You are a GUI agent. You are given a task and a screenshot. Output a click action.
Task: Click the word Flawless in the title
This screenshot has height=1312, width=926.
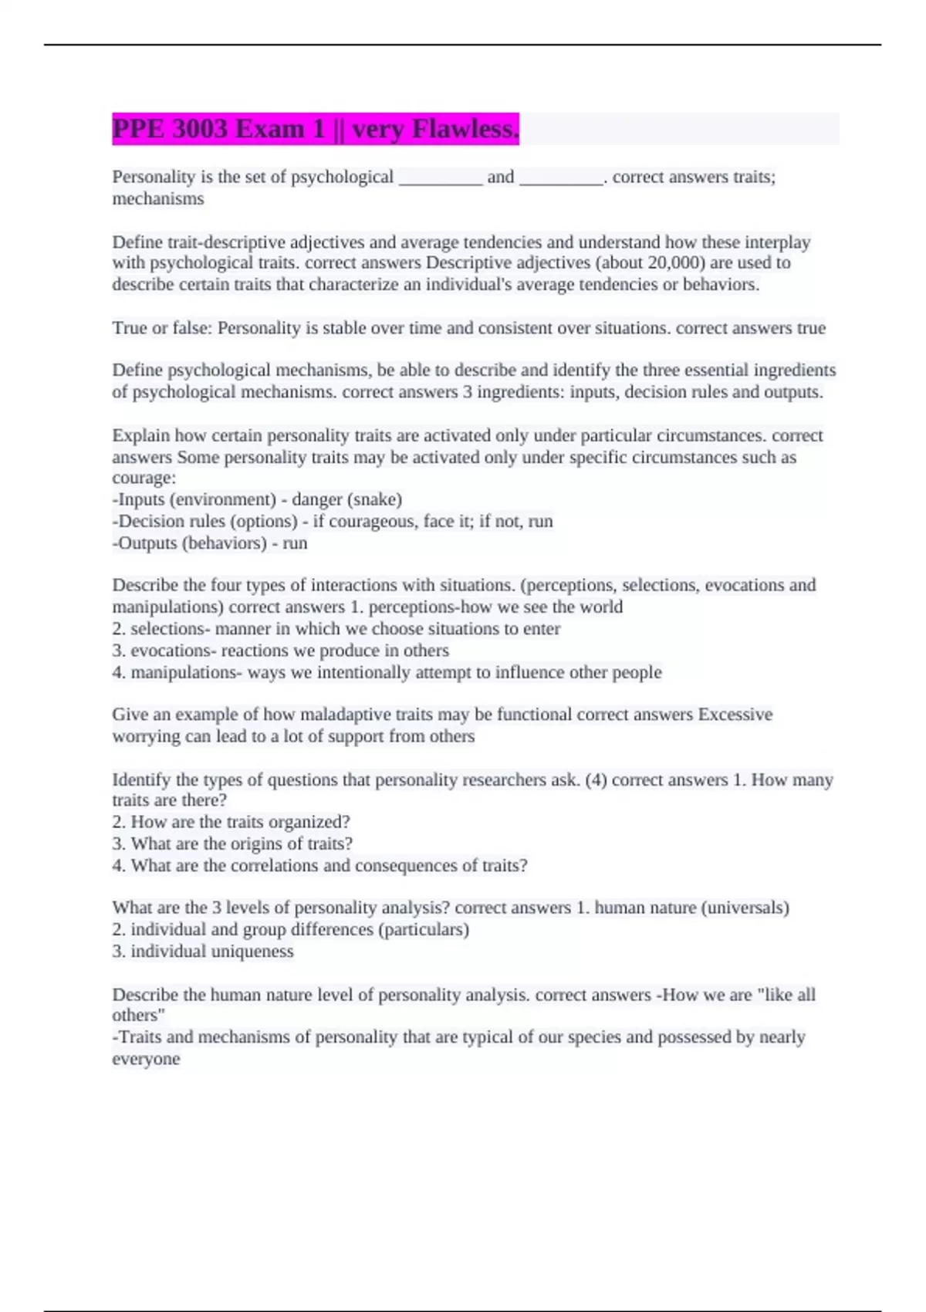point(465,129)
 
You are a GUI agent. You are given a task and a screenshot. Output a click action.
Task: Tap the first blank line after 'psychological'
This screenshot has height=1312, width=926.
point(440,178)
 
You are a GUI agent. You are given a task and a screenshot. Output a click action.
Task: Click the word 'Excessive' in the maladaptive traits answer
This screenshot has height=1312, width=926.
point(735,715)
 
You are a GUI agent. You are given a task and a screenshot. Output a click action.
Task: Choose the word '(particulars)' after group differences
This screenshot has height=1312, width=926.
point(423,929)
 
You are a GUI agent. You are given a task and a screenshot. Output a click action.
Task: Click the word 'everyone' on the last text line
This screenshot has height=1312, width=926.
point(146,1059)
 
